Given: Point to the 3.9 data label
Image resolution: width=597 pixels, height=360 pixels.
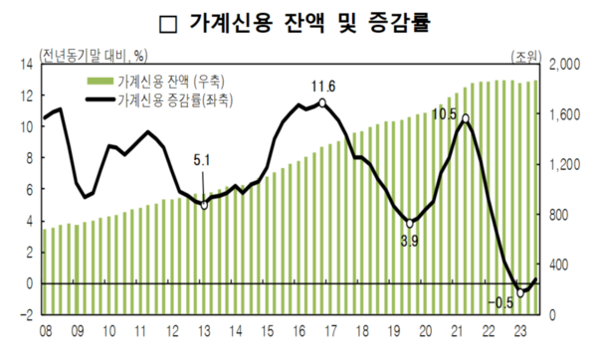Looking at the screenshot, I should (x=409, y=240).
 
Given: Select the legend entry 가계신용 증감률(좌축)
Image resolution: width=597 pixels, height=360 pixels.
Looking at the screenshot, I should (x=165, y=99).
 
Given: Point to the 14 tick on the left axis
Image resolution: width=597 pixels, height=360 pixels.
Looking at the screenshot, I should (x=23, y=65).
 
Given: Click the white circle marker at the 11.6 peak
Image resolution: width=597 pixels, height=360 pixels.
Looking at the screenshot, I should (x=322, y=102).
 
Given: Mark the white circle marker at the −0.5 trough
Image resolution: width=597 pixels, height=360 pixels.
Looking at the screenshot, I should (x=519, y=291).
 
